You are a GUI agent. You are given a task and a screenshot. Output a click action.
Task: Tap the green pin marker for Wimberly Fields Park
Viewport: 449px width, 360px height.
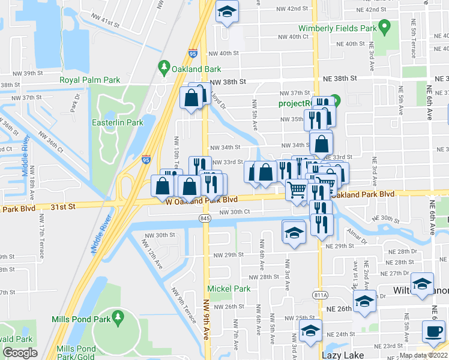pyautogui.click(x=387, y=27)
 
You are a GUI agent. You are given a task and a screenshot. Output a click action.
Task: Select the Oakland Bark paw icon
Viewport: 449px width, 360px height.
pyautogui.click(x=163, y=65)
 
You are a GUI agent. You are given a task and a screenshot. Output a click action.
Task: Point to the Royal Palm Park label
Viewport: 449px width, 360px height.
pyautogui.click(x=89, y=80)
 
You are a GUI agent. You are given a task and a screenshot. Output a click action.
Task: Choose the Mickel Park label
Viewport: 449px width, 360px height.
pyautogui.click(x=229, y=289)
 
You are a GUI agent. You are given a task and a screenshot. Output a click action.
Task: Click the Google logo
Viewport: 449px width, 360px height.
pyautogui.click(x=20, y=353)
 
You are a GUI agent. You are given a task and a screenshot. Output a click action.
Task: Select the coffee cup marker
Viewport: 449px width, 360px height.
pyautogui.click(x=433, y=331)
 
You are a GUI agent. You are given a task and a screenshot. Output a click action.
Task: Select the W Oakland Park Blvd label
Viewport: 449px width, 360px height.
pyautogui.click(x=202, y=200)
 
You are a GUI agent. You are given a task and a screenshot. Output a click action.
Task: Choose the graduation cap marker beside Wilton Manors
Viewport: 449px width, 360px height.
pyautogui.click(x=422, y=283)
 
